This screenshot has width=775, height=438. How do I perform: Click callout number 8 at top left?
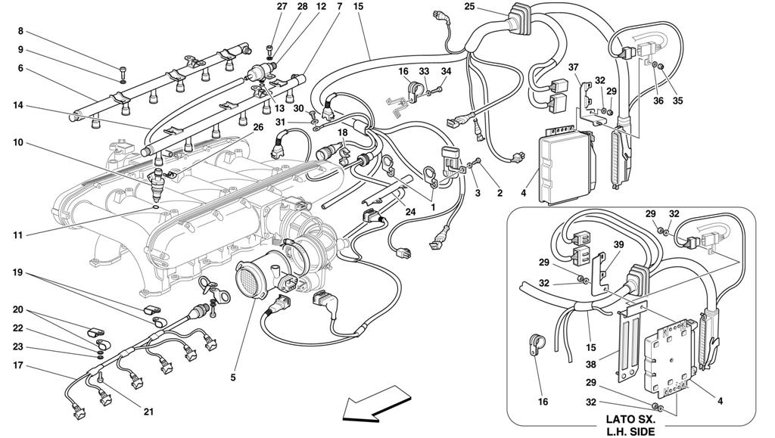(20, 32)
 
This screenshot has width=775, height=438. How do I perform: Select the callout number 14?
(19, 106)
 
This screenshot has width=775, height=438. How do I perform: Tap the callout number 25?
(470, 7)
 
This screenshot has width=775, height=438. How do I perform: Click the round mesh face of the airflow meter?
(254, 281)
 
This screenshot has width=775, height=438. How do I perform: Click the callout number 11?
(19, 235)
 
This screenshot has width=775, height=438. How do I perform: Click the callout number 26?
(259, 127)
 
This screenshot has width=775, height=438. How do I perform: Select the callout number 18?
(342, 133)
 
